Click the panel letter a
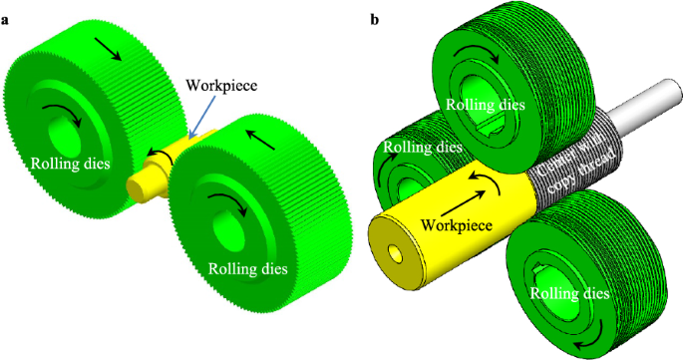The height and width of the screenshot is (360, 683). point(7,19)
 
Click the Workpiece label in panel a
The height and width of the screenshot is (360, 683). point(222,85)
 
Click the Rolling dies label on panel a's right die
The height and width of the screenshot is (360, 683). point(247,267)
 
